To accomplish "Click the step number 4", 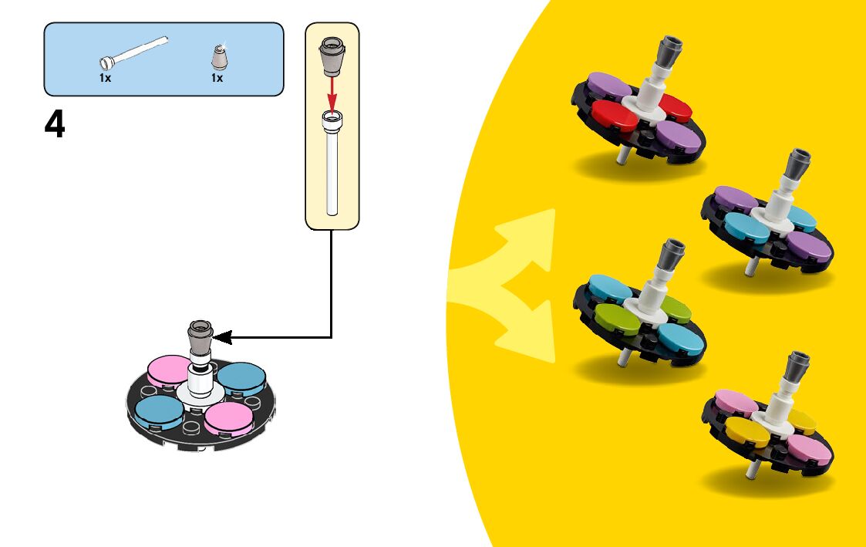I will (x=55, y=125).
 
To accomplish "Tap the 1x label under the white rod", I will (x=105, y=78).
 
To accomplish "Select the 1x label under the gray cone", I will (x=217, y=78).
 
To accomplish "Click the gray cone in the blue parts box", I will (x=217, y=57).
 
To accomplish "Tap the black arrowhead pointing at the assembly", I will (x=222, y=337).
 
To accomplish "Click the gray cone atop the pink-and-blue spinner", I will (x=200, y=336).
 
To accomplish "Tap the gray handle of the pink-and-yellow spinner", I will (x=797, y=368).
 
